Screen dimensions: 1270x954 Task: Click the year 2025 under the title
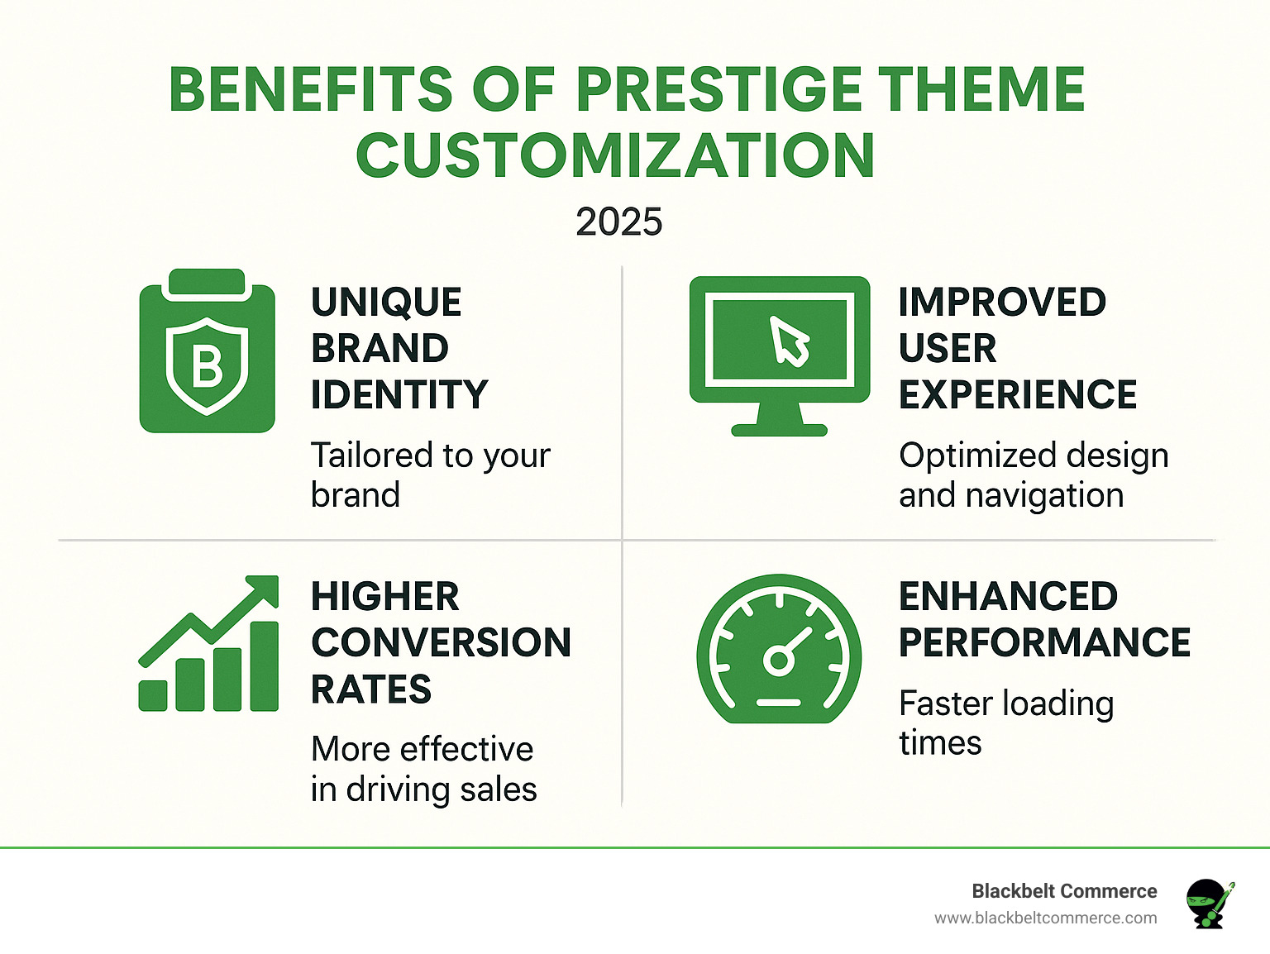tap(618, 222)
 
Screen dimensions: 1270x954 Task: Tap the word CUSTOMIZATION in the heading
tap(615, 155)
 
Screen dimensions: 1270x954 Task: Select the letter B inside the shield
tap(207, 366)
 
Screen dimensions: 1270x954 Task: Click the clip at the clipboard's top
tap(207, 283)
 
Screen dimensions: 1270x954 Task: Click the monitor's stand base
tap(779, 430)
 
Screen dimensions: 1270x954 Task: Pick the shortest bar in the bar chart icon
tap(153, 695)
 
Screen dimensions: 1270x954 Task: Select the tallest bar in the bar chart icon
tap(264, 665)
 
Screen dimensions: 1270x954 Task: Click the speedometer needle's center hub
tap(778, 661)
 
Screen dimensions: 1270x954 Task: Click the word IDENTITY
tap(399, 395)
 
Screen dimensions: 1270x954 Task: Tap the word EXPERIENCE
tap(1018, 395)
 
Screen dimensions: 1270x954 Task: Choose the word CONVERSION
tap(441, 643)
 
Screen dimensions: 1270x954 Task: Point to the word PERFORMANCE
tap(1044, 643)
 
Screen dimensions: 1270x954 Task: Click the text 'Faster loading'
tap(1006, 704)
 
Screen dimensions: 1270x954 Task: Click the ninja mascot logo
tap(1209, 903)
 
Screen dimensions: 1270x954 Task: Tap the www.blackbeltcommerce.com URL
tap(1045, 918)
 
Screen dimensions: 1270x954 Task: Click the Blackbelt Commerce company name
tap(1064, 891)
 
